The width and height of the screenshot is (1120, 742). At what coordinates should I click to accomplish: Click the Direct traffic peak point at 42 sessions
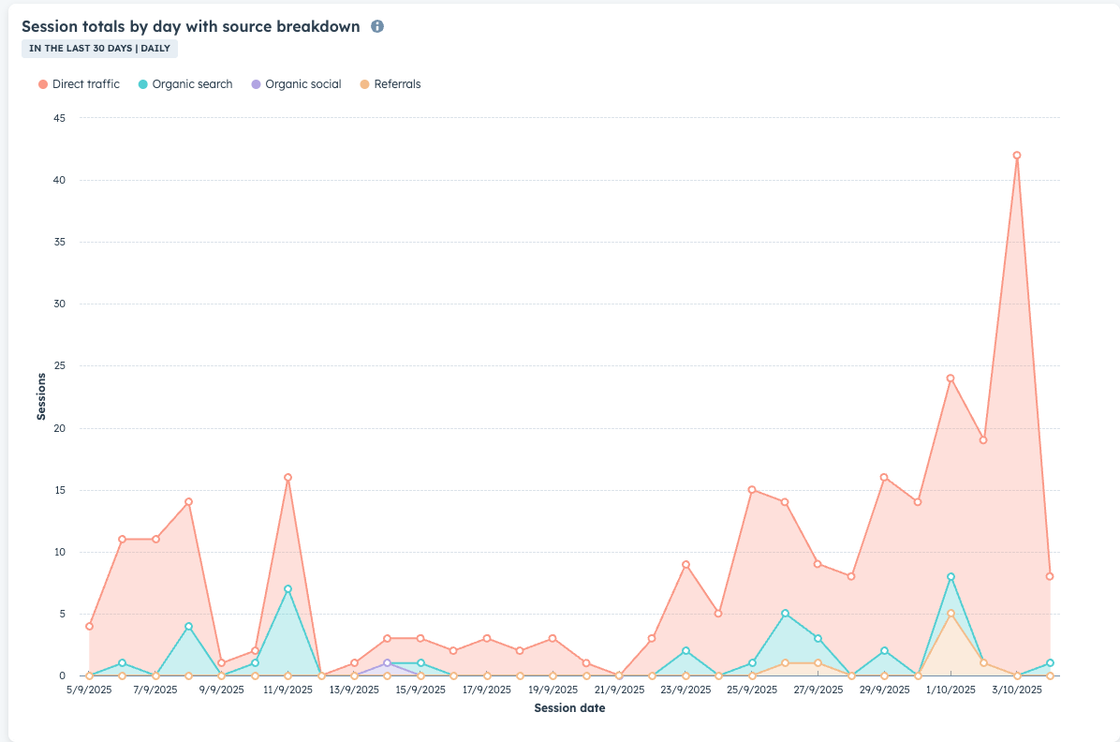(x=1017, y=156)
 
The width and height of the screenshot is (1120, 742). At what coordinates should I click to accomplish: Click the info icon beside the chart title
(x=377, y=26)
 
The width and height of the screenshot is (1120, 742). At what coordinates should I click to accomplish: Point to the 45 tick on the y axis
(x=59, y=118)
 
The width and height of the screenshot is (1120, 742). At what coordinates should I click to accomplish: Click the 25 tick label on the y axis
(x=59, y=366)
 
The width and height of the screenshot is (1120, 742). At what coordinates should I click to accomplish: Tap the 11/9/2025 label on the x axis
(x=287, y=690)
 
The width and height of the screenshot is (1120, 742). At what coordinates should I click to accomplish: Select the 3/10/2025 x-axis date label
(x=1017, y=690)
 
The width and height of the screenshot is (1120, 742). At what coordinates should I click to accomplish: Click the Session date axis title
(x=569, y=708)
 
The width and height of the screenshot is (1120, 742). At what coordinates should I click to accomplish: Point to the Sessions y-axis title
(x=41, y=396)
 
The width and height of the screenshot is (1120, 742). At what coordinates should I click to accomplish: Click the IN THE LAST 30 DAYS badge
(x=99, y=49)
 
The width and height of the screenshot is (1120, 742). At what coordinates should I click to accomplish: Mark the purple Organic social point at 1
(x=387, y=663)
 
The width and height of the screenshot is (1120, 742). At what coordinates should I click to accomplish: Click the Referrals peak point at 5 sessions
(x=951, y=614)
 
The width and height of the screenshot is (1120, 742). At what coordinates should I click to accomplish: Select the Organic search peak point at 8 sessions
(x=951, y=577)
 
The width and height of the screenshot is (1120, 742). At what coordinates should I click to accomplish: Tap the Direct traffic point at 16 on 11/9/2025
(x=287, y=478)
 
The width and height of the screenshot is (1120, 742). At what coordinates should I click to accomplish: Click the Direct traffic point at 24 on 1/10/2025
(x=951, y=378)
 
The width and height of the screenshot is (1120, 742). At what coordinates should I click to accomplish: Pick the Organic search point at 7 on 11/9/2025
(x=287, y=589)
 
